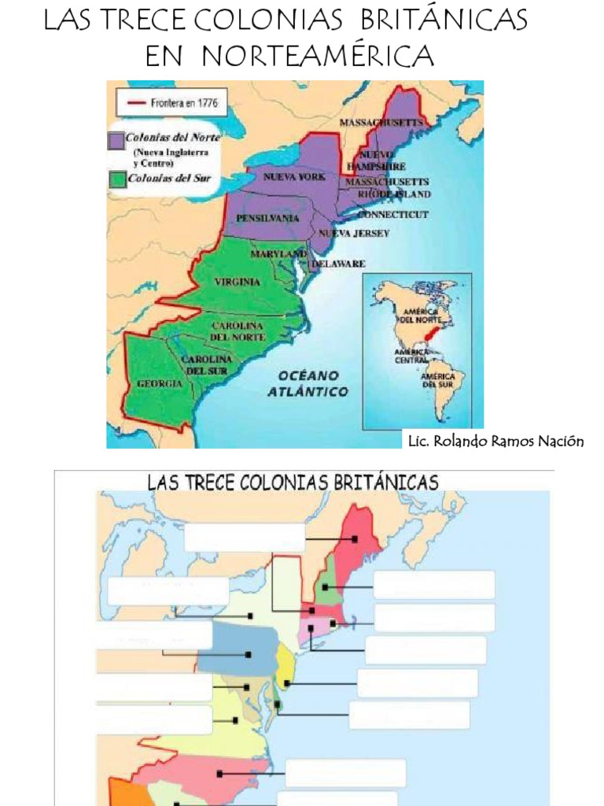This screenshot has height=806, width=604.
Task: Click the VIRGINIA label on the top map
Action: coord(237,280)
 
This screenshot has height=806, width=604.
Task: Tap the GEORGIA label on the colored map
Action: coord(160,383)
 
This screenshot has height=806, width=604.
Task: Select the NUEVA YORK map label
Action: coord(294,177)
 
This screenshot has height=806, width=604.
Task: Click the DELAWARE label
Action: coord(338,264)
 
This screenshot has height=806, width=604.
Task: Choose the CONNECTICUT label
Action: coord(393,214)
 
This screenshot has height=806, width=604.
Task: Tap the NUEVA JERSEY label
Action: coord(354,233)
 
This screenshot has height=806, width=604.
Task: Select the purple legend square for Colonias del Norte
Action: coord(115,140)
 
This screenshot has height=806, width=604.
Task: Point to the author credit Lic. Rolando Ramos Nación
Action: coord(495,441)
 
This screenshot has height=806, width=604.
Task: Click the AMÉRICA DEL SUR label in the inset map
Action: coord(437,380)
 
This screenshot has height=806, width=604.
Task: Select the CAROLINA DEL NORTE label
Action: coord(237,331)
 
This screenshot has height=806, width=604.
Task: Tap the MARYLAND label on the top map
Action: coord(278,254)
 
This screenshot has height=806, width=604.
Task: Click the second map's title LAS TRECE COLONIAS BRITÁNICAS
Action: coord(293,482)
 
